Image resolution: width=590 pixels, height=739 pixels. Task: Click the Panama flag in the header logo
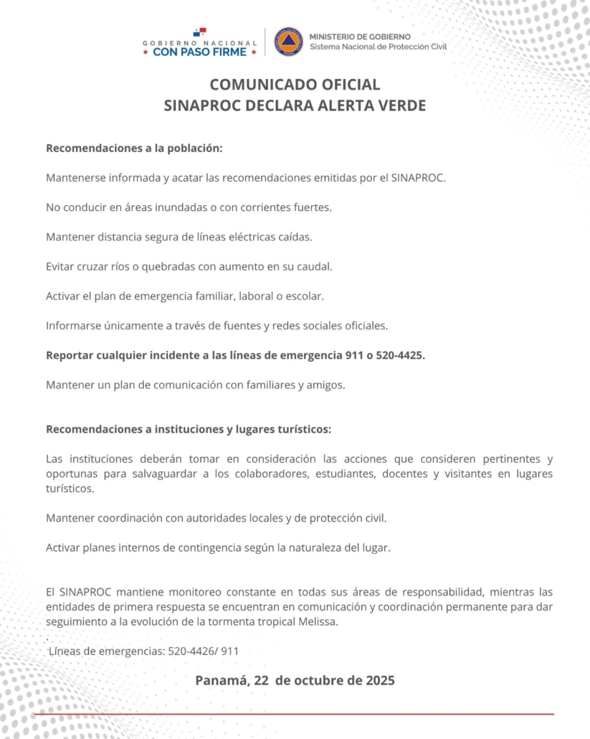[x=199, y=32]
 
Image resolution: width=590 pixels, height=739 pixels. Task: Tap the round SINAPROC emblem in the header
[x=288, y=42]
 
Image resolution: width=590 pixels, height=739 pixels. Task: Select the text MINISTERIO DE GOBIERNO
[x=360, y=36]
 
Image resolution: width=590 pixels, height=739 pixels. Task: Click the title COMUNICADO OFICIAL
[x=295, y=85]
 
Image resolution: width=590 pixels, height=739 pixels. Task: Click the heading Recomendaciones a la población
[x=134, y=149]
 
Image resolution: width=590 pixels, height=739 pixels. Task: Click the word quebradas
[x=171, y=266]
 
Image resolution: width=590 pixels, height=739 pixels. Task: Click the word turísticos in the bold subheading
[x=302, y=429]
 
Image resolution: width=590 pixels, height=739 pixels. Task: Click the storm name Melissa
[x=315, y=621]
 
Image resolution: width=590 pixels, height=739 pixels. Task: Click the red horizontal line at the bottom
[x=295, y=714]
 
